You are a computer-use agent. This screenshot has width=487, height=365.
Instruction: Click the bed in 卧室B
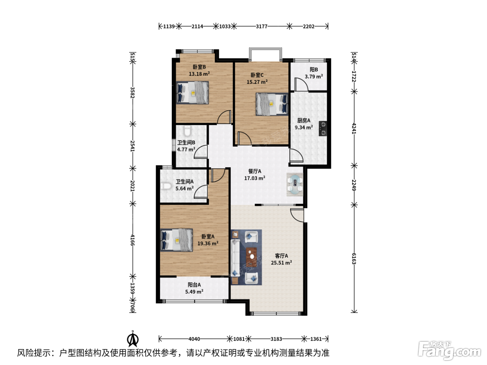point(192,92)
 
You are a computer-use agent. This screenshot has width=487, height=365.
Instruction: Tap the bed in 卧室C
point(272,104)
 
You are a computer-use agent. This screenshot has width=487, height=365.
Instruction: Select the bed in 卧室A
point(176,240)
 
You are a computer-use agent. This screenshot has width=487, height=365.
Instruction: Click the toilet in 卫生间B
point(187,131)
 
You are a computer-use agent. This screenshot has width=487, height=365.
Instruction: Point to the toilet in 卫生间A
point(166,186)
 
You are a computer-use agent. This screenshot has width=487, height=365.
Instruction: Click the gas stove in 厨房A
point(323,129)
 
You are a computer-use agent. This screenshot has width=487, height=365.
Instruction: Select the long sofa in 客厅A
point(235,258)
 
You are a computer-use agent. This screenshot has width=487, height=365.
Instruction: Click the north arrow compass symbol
point(133,339)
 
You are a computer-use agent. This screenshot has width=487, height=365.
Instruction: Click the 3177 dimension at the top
point(262,27)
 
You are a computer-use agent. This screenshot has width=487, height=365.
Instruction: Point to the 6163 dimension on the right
point(354,259)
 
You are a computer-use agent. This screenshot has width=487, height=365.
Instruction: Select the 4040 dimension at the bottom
point(194,339)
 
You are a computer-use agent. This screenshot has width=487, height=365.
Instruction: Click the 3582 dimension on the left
point(132,92)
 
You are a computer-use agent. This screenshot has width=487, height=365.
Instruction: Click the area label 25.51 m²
point(281,262)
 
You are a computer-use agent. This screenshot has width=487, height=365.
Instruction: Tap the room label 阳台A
point(194,285)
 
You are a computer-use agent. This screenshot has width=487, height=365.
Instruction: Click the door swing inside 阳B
point(301,84)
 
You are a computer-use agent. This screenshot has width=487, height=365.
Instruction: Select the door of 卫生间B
point(201,152)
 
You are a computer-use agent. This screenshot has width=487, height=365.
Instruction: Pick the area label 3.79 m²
point(313,76)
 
